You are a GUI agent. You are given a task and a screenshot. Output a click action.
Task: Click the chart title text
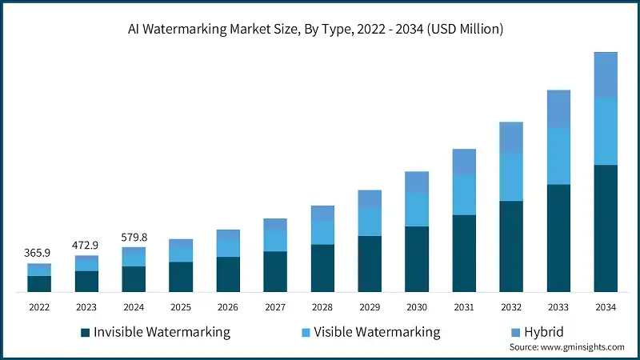(320, 30)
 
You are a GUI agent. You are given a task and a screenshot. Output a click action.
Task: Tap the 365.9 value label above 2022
(39, 253)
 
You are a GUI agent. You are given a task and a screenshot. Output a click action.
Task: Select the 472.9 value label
(86, 244)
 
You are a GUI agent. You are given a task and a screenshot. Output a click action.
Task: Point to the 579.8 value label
(134, 237)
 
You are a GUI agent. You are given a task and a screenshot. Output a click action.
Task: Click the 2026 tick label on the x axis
(228, 306)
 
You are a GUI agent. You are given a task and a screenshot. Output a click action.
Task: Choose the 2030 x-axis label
(417, 306)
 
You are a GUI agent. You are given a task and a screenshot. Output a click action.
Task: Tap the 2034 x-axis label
(606, 306)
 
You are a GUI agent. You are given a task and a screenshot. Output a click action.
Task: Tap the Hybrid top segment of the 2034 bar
(606, 75)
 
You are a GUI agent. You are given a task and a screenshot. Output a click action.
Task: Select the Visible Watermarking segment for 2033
(558, 156)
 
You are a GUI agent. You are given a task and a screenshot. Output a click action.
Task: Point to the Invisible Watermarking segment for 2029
(370, 263)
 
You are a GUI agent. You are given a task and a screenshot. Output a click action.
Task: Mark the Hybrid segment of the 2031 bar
(464, 162)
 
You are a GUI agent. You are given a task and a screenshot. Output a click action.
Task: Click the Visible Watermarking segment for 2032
(511, 177)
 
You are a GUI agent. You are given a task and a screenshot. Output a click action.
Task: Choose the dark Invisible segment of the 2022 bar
(39, 283)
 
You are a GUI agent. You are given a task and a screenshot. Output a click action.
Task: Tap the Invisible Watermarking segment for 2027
(275, 271)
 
